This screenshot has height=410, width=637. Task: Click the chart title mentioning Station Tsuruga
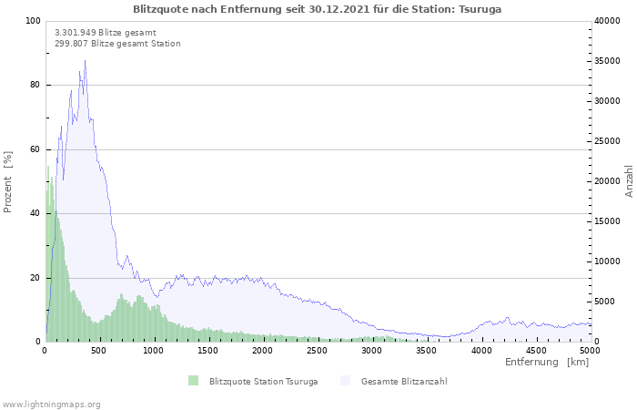tap(317, 9)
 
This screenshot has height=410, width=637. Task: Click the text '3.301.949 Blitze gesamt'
tap(106, 33)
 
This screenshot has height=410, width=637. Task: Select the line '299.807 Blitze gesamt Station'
tap(117, 44)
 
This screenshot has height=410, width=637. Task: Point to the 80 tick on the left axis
tap(35, 85)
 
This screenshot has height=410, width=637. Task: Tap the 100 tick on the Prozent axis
tap(33, 21)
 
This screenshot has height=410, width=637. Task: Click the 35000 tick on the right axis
tap(607, 61)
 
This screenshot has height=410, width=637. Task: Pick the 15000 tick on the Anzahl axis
tap(607, 221)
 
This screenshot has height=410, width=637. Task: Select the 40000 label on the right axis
tap(607, 21)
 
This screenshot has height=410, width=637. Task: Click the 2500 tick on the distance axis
tap(317, 351)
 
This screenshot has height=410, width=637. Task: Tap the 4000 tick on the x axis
tap(481, 351)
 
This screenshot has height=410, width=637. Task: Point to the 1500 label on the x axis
tap(208, 351)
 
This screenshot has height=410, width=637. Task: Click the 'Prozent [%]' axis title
tap(7, 182)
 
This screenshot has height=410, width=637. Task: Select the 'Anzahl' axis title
tap(629, 181)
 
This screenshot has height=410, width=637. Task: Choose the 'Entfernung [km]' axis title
tap(547, 362)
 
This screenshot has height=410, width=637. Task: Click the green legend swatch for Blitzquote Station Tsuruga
tap(193, 381)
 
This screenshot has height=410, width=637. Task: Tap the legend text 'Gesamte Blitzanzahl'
tap(404, 381)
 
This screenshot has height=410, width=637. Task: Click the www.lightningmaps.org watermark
tap(50, 405)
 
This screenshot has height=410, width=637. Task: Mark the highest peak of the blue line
tap(85, 61)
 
